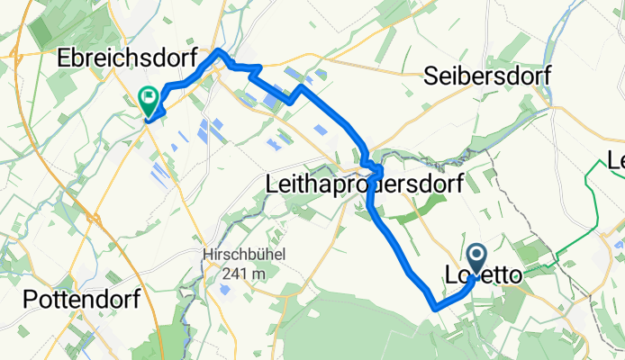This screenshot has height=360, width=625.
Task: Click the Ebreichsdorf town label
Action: [x=127, y=58]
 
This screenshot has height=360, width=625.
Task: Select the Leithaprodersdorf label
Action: [x=365, y=184]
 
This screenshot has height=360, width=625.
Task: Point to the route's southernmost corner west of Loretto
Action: [x=437, y=307]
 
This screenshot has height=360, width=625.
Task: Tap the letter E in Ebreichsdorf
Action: [x=64, y=58]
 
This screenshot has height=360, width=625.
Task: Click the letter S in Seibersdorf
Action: [x=430, y=77]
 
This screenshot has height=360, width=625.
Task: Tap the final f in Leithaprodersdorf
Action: [x=458, y=184]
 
